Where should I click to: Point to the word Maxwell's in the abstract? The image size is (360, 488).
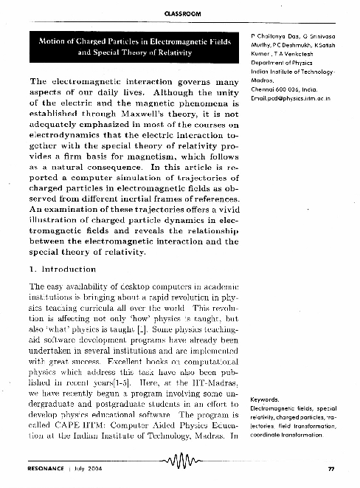146,115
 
